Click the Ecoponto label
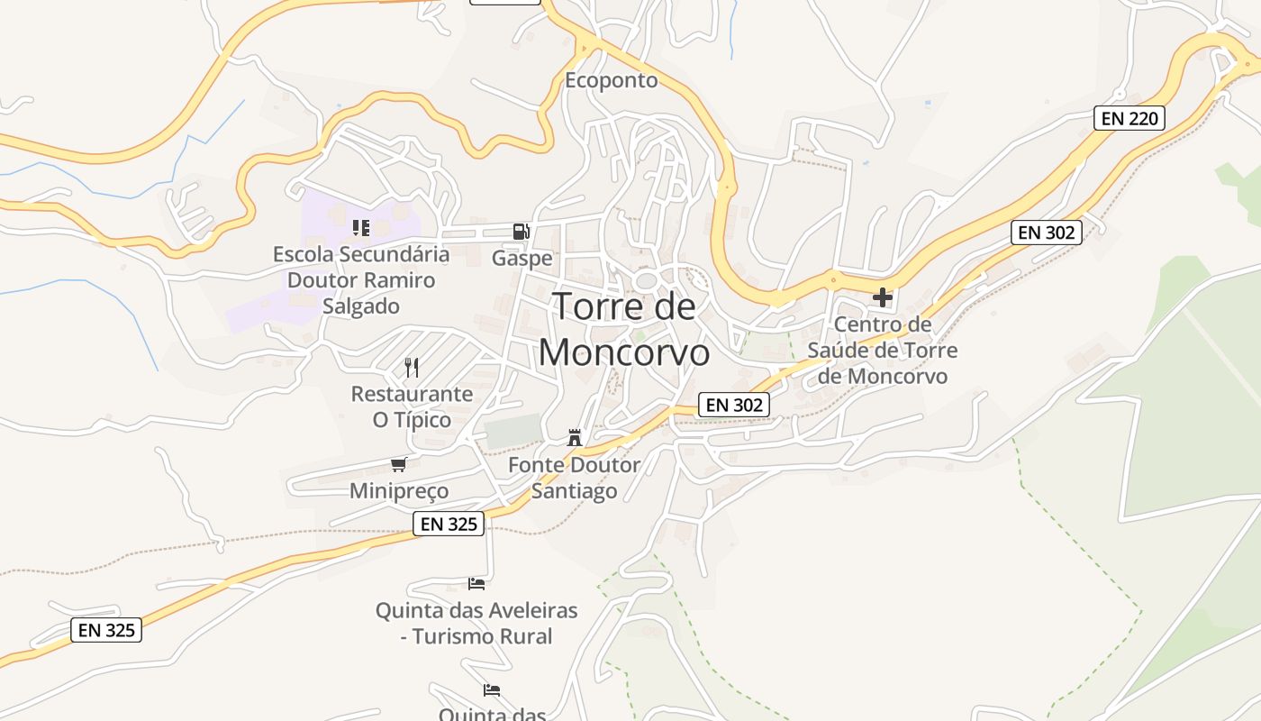[611, 80]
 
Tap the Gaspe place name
[522, 259]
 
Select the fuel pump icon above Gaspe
[521, 232]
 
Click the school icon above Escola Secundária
[361, 228]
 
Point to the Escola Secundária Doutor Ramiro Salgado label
[361, 280]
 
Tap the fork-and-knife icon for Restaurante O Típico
[412, 367]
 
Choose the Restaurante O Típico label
[412, 406]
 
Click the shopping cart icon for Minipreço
[399, 464]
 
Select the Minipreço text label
[399, 491]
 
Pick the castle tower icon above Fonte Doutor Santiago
[574, 439]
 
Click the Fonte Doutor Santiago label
[574, 478]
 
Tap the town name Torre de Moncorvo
[624, 329]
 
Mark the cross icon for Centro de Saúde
[883, 297]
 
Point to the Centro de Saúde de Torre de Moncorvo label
[883, 350]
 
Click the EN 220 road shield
[1129, 118]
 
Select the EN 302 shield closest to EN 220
[1045, 233]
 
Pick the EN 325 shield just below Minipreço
[449, 524]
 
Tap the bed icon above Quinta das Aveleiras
[476, 584]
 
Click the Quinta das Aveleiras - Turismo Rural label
[476, 623]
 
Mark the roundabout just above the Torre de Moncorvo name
[646, 281]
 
